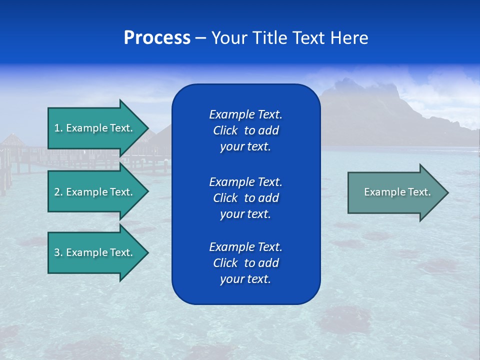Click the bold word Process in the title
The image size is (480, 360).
[x=157, y=38]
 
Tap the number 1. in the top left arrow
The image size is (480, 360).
[x=58, y=128]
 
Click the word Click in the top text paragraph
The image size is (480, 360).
[x=225, y=130]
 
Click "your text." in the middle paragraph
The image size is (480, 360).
[x=245, y=214]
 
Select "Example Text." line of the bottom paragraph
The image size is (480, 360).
[x=245, y=247]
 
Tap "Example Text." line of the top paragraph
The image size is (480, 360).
[x=245, y=114]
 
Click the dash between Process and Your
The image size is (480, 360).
[x=201, y=38]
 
